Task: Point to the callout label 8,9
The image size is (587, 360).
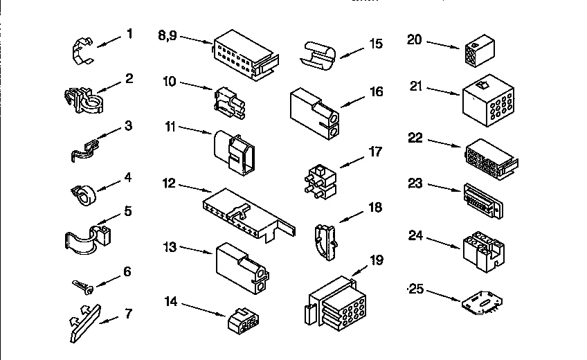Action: pos(171,35)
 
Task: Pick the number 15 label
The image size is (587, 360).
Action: pos(374,44)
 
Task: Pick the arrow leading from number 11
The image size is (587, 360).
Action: pos(196,129)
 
